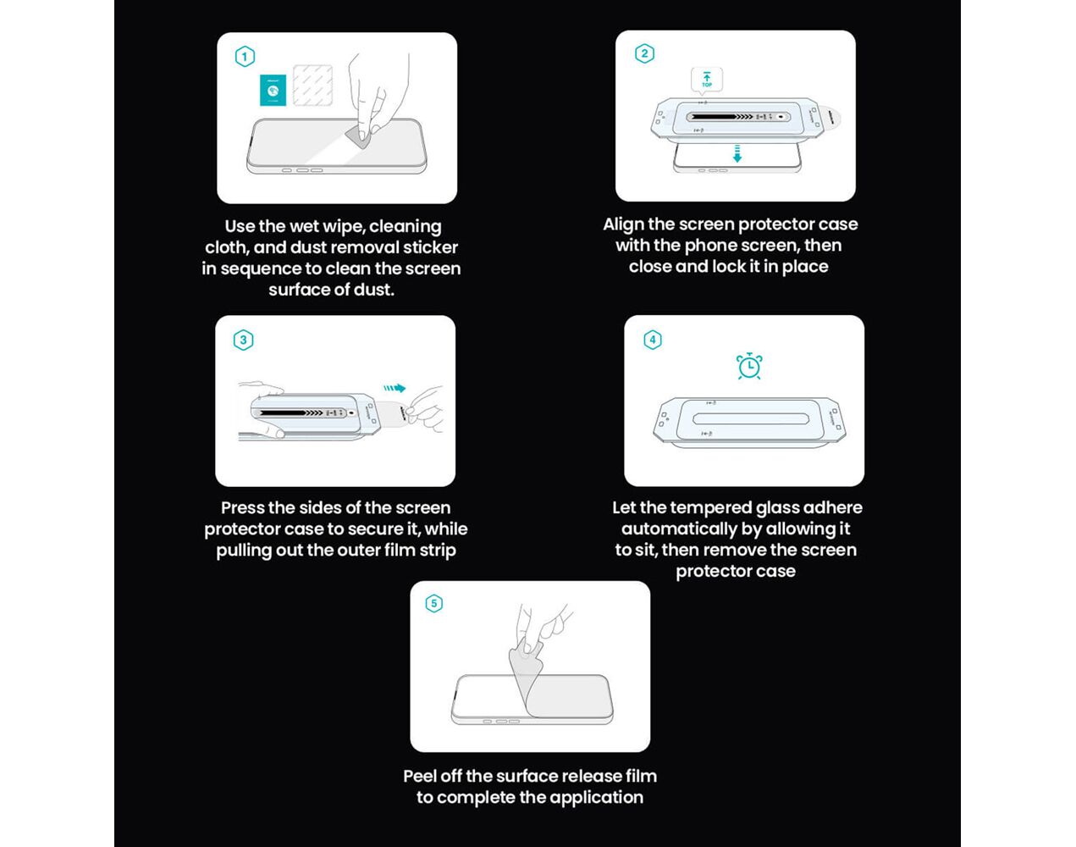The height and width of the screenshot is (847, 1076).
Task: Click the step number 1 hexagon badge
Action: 245,57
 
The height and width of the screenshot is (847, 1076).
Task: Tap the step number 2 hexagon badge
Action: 644,53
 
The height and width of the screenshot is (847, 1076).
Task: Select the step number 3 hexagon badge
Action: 244,340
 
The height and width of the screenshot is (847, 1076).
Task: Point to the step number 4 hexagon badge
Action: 653,340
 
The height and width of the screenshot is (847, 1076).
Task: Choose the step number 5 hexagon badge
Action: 434,603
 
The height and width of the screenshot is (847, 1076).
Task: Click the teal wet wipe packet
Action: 273,90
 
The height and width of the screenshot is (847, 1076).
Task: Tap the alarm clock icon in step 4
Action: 749,366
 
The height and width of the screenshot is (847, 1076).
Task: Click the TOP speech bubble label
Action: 707,80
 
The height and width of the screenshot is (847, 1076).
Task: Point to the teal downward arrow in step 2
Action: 737,153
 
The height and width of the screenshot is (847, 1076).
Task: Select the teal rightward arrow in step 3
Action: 395,388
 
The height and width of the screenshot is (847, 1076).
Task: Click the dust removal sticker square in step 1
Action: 313,86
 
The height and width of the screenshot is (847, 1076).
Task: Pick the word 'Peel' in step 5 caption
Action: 420,776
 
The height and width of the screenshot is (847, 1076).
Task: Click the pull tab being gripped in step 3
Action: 400,413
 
